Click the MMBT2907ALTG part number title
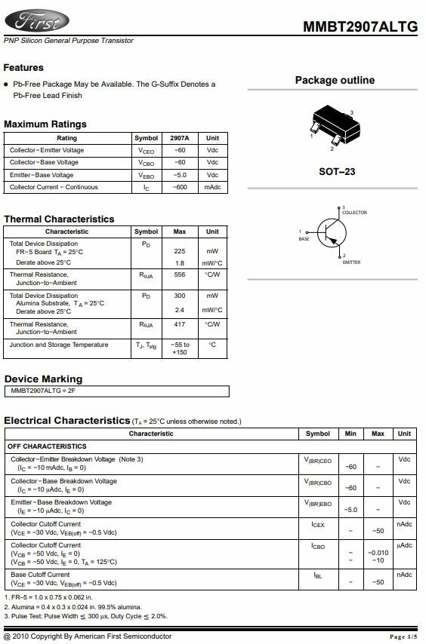tap(360, 26)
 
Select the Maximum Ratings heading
tap(45, 124)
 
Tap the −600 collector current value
tap(180, 187)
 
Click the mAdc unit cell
tap(212, 187)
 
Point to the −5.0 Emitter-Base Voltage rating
tap(180, 175)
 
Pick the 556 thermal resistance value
tap(180, 274)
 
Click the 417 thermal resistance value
tap(180, 324)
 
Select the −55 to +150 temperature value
tap(180, 348)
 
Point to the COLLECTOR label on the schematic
tap(354, 213)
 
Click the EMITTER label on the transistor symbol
tap(351, 262)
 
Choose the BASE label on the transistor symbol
tap(304, 239)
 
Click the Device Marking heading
tap(43, 379)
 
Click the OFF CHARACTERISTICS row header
tap(47, 446)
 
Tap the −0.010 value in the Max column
tap(378, 553)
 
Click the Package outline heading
tap(335, 81)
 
